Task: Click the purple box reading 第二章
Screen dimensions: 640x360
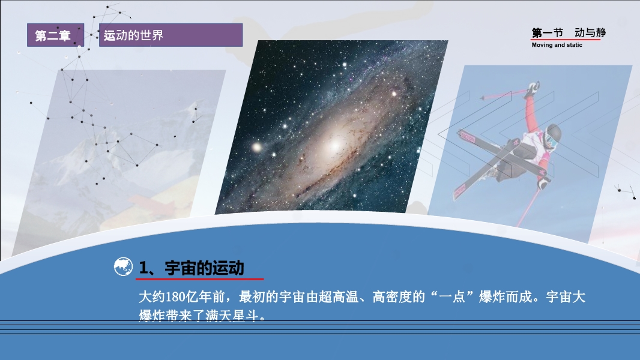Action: (x=55, y=35)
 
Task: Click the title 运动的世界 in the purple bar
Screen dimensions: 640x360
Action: (x=133, y=35)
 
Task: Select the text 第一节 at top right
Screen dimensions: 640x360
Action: (x=548, y=32)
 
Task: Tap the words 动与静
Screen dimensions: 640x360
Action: (x=590, y=32)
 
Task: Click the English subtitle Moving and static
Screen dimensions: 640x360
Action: (x=557, y=45)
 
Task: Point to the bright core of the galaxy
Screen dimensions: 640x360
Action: (x=334, y=145)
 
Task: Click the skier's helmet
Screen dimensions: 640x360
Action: (x=554, y=133)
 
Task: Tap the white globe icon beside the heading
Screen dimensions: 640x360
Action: (x=123, y=266)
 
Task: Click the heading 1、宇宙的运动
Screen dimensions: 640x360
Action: (x=192, y=268)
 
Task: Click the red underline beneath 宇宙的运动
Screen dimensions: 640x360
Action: (x=199, y=279)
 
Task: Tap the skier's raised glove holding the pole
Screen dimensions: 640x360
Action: (x=533, y=88)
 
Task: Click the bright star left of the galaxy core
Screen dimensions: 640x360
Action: (x=257, y=147)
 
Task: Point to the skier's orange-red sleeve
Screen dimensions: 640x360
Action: (x=531, y=114)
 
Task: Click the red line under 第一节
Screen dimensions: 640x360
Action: (x=566, y=40)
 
